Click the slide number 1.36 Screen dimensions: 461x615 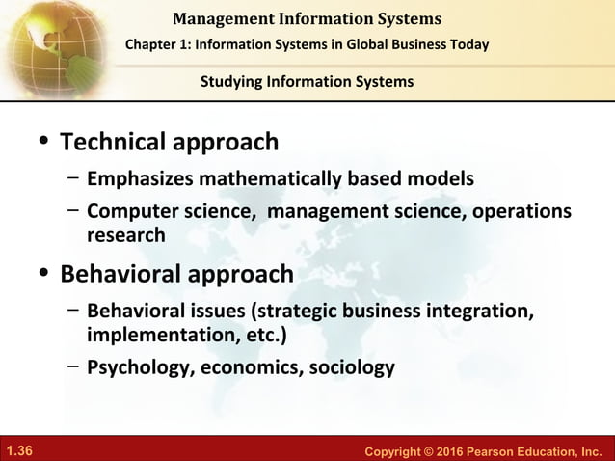coord(19,450)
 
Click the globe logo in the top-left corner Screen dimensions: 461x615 coord(43,43)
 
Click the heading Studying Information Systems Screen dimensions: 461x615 coord(307,81)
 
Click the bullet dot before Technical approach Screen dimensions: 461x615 coord(41,144)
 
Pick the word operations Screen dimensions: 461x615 coord(520,212)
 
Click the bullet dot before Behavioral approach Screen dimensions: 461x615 coord(41,276)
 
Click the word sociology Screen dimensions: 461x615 coord(350,367)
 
